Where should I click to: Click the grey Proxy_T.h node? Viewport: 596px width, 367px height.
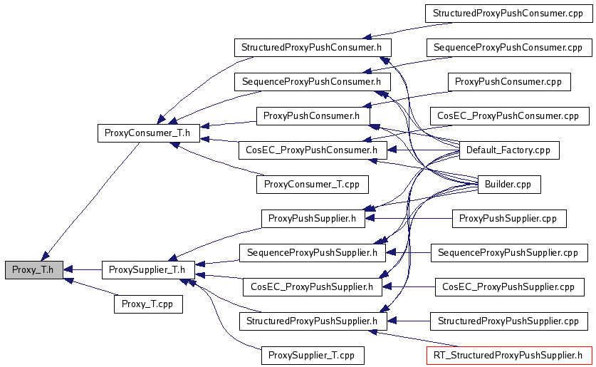pos(33,270)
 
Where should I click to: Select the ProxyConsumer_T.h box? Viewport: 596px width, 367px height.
pos(147,133)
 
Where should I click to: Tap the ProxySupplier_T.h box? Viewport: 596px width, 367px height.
pos(148,270)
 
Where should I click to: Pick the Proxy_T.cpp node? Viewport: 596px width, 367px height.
pos(147,304)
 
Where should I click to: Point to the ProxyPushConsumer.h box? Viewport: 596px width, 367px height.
pos(313,115)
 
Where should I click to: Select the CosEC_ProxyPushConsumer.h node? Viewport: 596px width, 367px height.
pos(311,150)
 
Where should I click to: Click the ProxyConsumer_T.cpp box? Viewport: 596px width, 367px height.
pos(312,185)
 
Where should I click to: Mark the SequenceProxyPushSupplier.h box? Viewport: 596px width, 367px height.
pos(312,253)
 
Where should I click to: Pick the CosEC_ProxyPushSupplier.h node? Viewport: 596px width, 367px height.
pos(313,287)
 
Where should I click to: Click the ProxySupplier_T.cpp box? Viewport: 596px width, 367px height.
pos(313,355)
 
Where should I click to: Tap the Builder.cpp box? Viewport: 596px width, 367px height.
pos(508,185)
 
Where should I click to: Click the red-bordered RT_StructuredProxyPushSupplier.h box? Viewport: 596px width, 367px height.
pos(508,355)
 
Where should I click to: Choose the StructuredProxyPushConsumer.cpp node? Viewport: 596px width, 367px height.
pos(508,14)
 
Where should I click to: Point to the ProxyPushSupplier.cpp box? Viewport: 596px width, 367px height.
pos(509,218)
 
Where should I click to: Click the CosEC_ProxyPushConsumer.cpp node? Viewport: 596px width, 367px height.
pos(508,115)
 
